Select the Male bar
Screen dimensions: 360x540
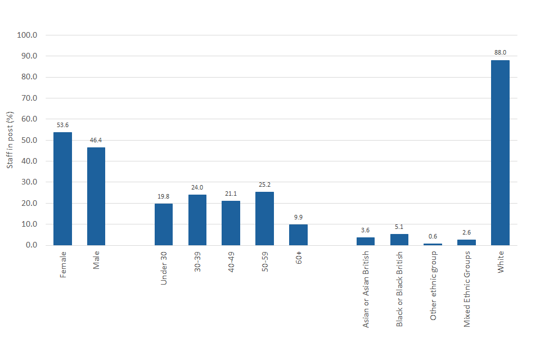coord(96,196)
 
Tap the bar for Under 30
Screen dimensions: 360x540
coord(164,224)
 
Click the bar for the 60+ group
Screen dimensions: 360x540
coord(298,235)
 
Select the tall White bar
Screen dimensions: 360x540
coord(500,152)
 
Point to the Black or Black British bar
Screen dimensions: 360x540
coord(399,240)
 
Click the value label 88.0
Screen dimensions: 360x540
coord(500,52)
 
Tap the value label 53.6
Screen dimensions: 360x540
coord(62,124)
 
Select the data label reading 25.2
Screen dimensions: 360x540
coord(264,184)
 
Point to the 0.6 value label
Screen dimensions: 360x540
coord(433,236)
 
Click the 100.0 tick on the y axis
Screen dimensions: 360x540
coord(27,35)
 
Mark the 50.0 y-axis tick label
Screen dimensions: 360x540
coord(27,140)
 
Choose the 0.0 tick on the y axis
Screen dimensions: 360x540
coord(29,245)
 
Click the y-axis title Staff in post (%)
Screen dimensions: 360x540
coord(10,140)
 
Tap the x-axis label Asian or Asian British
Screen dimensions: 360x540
coord(366,289)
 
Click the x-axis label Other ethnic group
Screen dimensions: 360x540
coord(433,286)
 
